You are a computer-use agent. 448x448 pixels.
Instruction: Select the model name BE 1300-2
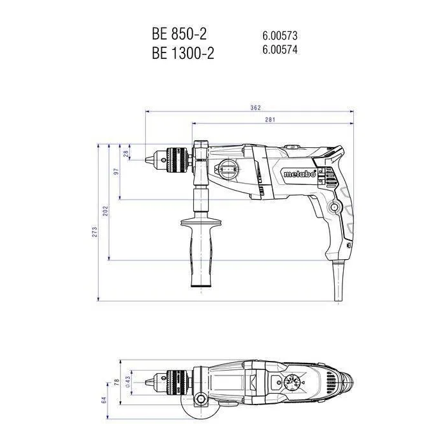pyautogui.click(x=183, y=53)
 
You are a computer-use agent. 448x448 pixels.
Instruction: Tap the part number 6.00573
pyautogui.click(x=280, y=36)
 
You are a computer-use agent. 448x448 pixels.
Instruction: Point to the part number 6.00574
pyautogui.click(x=280, y=49)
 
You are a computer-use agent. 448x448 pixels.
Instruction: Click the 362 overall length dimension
pyautogui.click(x=255, y=108)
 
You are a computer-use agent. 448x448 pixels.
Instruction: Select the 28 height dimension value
pyautogui.click(x=127, y=153)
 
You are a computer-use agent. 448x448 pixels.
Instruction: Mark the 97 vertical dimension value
pyautogui.click(x=116, y=173)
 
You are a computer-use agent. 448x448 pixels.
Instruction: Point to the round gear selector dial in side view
pyautogui.click(x=228, y=171)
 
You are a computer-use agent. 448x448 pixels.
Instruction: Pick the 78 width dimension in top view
pyautogui.click(x=116, y=382)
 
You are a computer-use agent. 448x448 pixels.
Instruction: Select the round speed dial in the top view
pyautogui.click(x=292, y=383)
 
